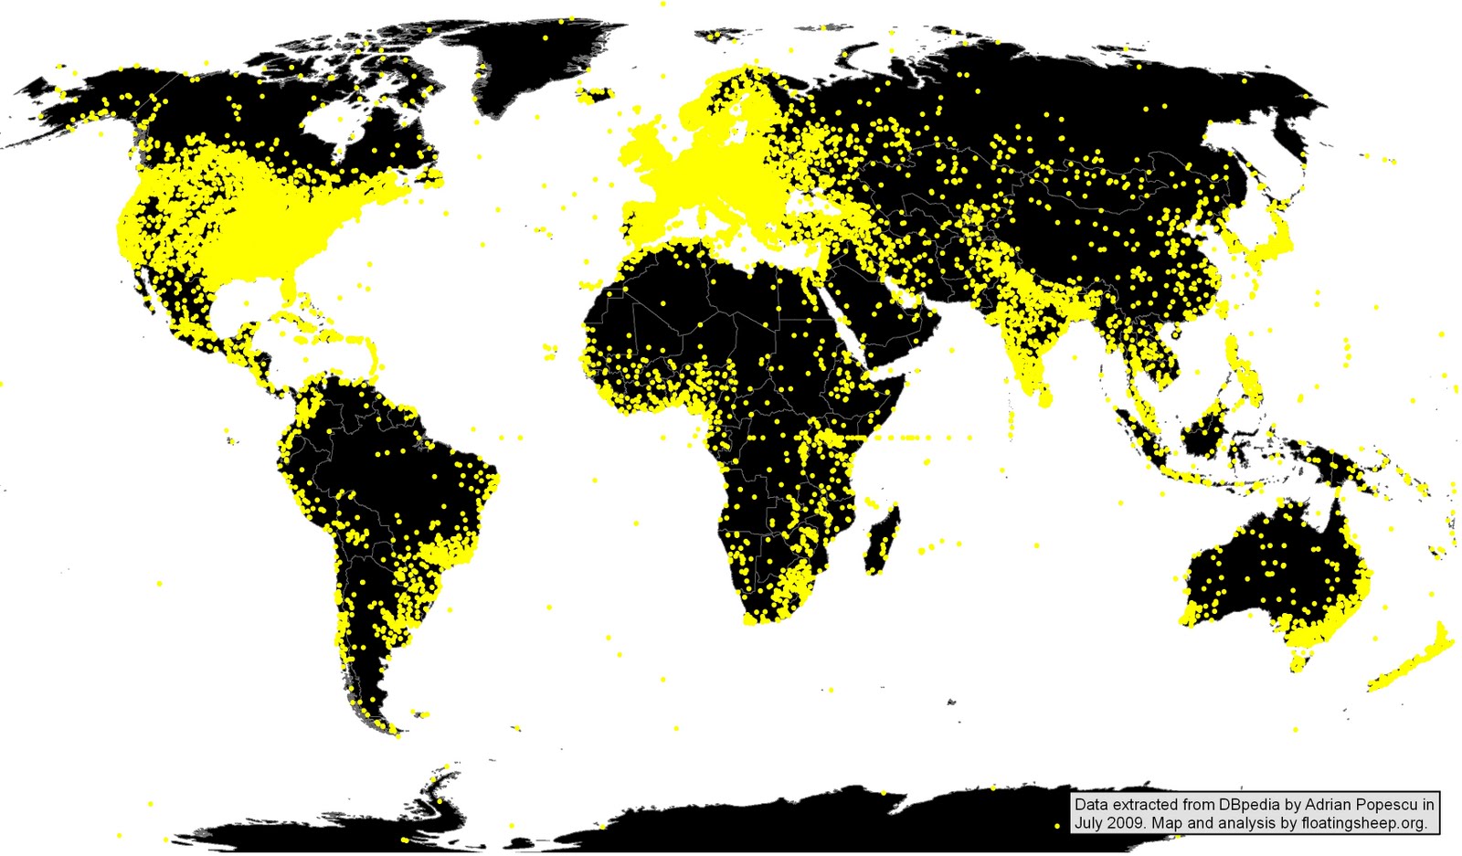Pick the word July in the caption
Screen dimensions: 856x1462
click(1089, 823)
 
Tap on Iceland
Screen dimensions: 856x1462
click(595, 93)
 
